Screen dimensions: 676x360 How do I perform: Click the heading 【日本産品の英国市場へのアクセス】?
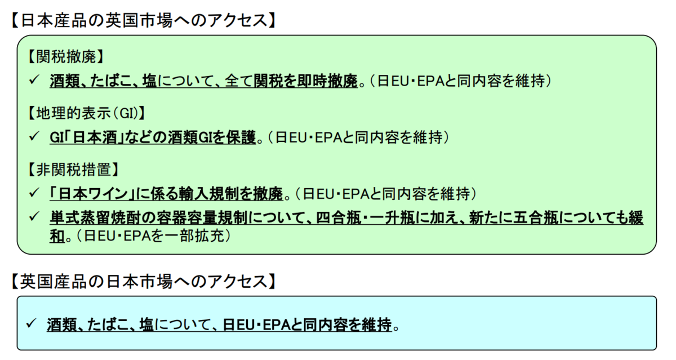pos(143,20)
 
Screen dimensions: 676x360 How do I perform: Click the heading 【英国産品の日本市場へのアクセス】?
pos(143,281)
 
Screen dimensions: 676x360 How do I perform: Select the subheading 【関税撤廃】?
pos(64,56)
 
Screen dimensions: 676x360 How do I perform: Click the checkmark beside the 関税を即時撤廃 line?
pos(33,81)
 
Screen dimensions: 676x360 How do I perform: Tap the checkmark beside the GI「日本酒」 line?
pos(33,136)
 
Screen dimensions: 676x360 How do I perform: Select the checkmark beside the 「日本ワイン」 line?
pos(33,193)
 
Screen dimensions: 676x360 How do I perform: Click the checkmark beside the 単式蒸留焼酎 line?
pos(33,217)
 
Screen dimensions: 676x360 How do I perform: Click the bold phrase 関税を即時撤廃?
pos(306,81)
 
